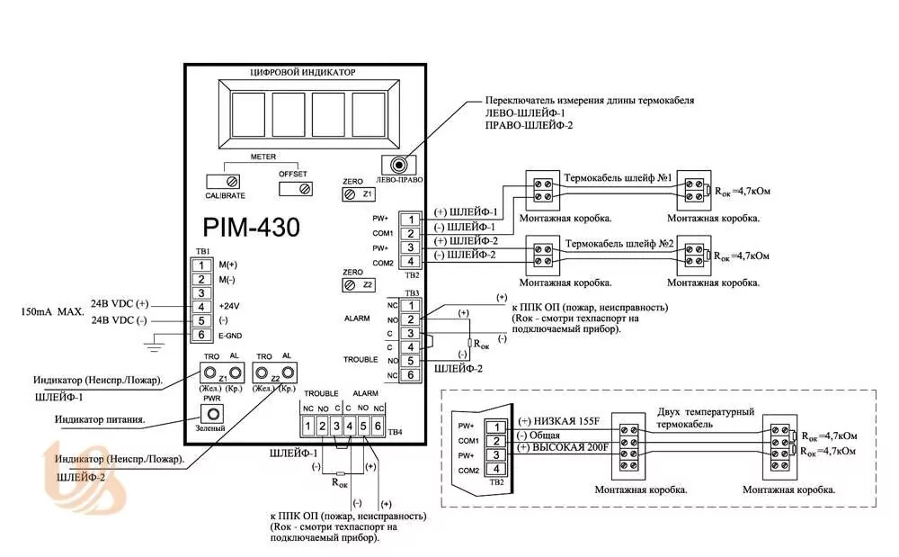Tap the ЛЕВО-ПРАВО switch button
pos(396,164)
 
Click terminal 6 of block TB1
pos(203,335)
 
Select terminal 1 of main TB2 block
pos(409,220)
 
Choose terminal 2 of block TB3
pos(409,319)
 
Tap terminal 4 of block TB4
pos(350,425)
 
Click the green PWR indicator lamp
pos(212,414)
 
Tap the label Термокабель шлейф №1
pos(619,179)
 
